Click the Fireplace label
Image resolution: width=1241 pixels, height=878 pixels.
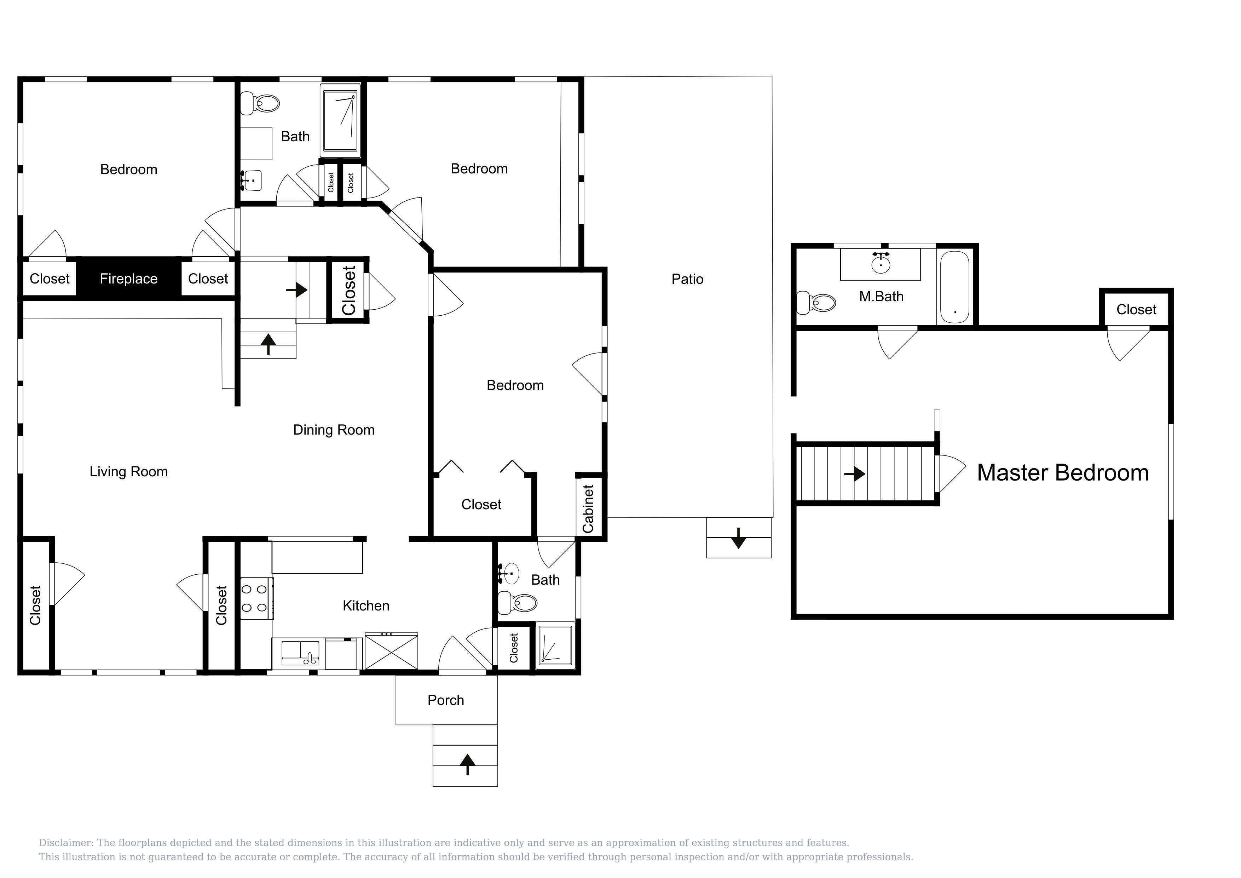(x=129, y=279)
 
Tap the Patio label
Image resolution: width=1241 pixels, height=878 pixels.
(x=687, y=279)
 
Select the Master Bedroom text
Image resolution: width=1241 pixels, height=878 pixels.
(x=1063, y=472)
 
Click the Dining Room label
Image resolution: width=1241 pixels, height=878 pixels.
(x=334, y=430)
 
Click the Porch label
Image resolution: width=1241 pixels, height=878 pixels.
(x=446, y=700)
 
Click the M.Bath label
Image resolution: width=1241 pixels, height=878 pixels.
(x=882, y=296)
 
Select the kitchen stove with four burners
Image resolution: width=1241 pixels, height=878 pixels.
(x=256, y=598)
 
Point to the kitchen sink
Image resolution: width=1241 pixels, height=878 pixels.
(x=300, y=653)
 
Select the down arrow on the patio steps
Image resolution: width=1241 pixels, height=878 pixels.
(x=738, y=538)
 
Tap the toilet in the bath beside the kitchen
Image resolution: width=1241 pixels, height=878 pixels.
(x=517, y=603)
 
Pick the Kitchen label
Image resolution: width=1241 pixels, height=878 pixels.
(x=366, y=606)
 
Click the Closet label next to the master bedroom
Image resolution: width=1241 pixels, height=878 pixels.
(x=1136, y=310)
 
